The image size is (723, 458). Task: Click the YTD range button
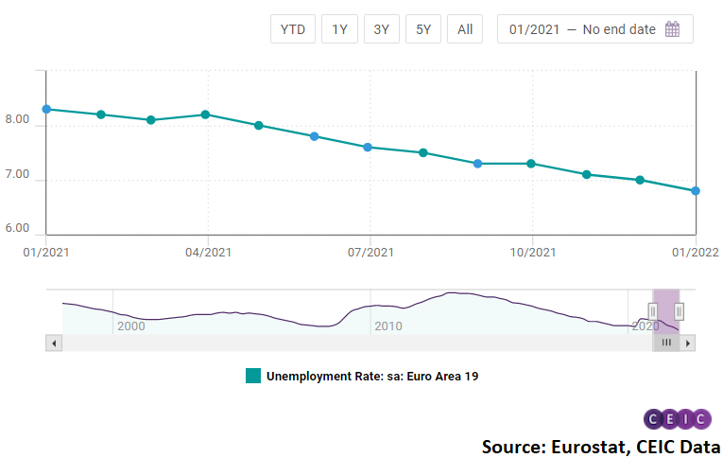293,29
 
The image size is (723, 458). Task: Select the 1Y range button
339,29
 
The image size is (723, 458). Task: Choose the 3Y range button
381,29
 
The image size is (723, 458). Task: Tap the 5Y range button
423,29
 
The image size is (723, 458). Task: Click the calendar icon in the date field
673,29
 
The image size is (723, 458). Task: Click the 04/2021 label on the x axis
208,252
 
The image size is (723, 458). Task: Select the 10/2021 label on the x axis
532,252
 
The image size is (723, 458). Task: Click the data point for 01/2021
46,109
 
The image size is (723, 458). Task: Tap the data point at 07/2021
369,147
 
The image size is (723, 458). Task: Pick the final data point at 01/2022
695,190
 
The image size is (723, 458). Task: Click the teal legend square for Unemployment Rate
253,376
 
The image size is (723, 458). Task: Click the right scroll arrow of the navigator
688,343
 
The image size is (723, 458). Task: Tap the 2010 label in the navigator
388,326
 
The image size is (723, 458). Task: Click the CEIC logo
677,419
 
